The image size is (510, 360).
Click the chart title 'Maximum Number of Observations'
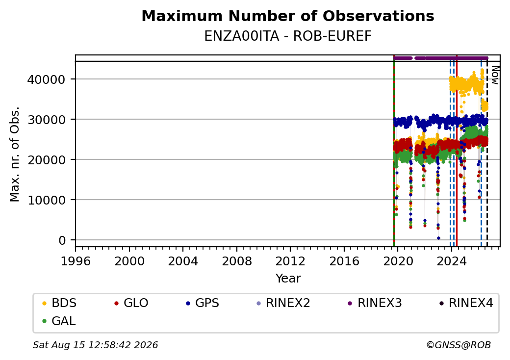coord(288,16)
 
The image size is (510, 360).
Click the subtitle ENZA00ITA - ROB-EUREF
coord(288,36)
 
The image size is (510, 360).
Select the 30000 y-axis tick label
coord(47,120)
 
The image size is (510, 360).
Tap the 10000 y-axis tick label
coord(47,200)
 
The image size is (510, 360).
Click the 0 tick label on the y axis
coord(62,240)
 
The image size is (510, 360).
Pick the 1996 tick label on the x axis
coord(76,261)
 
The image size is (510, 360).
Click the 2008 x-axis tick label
coord(237,261)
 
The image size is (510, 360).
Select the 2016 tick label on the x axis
coord(344,261)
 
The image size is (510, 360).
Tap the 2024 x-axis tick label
coord(452,261)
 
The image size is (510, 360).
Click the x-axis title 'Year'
coord(288,279)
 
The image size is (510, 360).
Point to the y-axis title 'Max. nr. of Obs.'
coord(15,154)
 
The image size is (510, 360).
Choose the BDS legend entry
coord(59,303)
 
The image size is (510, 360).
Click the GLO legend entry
coord(131,303)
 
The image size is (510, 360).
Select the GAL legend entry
coord(59,321)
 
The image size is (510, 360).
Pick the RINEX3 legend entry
coord(375,303)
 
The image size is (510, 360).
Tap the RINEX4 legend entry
coord(466,303)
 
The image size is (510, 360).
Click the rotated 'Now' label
coord(495,75)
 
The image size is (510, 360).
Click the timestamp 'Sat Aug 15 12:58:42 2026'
coord(95,345)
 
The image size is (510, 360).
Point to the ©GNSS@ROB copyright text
coord(459,345)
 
